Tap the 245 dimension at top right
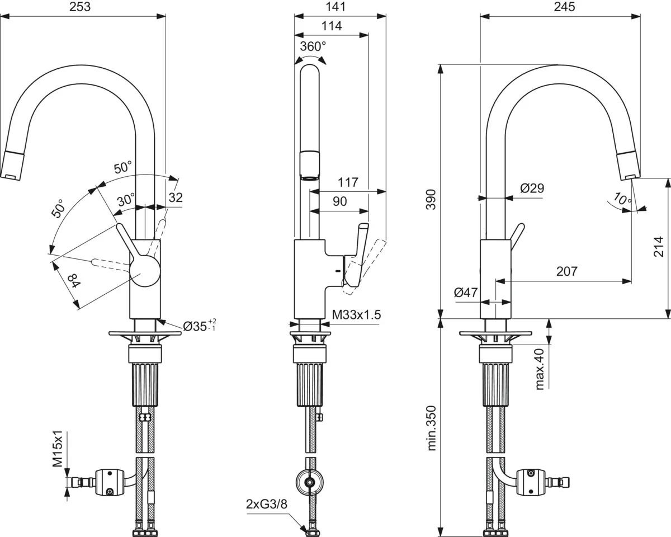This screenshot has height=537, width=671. click(x=564, y=7)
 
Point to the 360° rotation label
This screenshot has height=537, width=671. click(x=312, y=46)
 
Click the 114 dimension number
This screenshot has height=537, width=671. click(x=331, y=26)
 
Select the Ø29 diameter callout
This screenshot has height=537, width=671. click(x=532, y=189)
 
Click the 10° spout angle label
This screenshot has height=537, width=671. click(x=622, y=199)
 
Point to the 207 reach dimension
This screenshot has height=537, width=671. click(x=566, y=271)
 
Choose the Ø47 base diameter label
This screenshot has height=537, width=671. click(x=465, y=292)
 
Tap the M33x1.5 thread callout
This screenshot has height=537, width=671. click(x=356, y=315)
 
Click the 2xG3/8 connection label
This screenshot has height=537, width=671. click(x=267, y=504)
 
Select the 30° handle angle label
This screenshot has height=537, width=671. click(x=126, y=199)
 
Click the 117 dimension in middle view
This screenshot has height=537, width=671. click(x=348, y=182)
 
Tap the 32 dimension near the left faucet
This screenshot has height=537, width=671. click(x=176, y=197)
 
